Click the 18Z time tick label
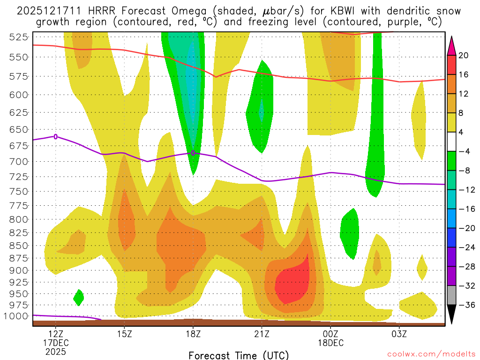[193, 334]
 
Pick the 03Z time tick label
[399, 334]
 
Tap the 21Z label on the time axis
[262, 334]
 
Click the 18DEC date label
[330, 343]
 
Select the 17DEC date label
[56, 343]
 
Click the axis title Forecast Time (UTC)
[239, 355]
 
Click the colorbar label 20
[464, 56]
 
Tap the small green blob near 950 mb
[78, 296]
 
